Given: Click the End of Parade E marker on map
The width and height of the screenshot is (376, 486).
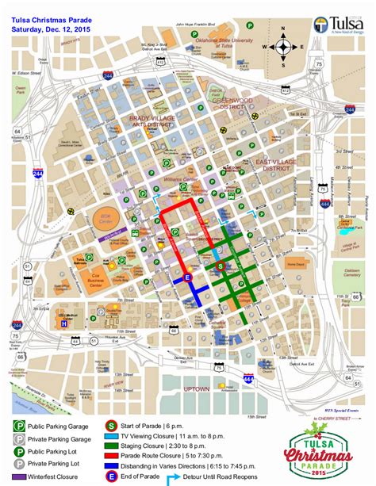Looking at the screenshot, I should pos(188,277).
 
